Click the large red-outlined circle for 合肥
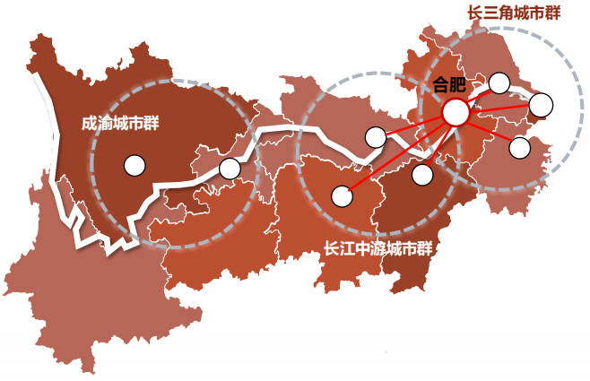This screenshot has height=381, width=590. [456, 112]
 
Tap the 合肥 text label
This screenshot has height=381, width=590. [449, 85]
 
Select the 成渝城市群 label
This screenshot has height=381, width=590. [119, 123]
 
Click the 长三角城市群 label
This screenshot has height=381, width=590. [515, 13]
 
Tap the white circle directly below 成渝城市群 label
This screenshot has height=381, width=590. [134, 165]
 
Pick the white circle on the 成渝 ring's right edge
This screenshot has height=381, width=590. [230, 168]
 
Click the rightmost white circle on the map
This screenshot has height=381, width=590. [541, 105]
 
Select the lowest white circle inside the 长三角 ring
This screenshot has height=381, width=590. [519, 148]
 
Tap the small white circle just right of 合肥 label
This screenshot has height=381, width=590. [499, 83]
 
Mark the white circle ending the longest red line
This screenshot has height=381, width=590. [342, 195]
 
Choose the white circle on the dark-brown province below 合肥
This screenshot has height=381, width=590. [421, 174]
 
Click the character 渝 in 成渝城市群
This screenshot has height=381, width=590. [103, 123]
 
